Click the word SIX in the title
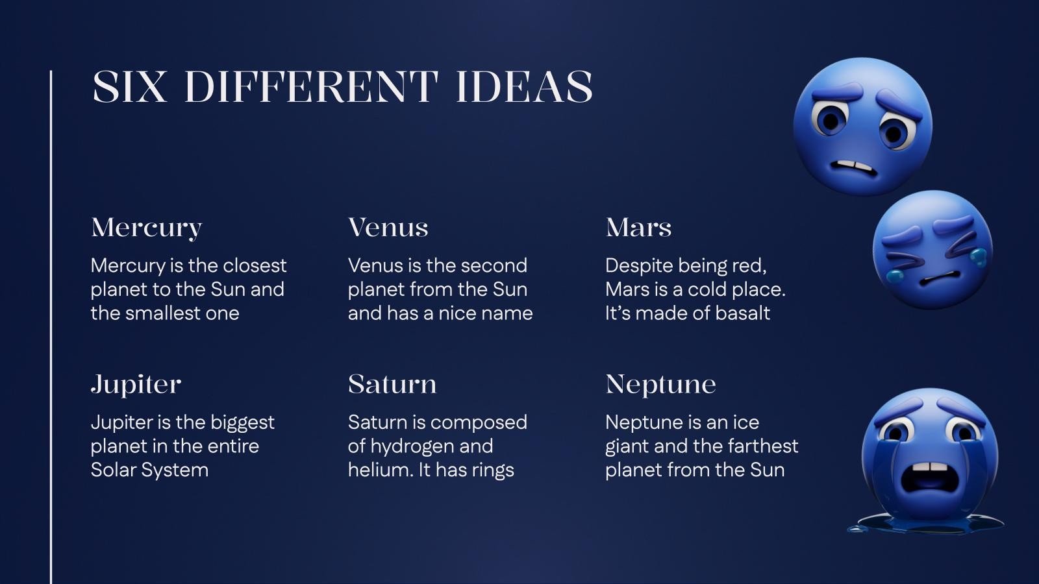129,87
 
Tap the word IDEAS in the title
524,87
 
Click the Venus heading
388,228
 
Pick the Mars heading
638,228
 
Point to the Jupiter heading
136,385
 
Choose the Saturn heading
392,384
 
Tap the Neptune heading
660,384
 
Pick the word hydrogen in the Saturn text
411,447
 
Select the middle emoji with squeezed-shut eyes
933,250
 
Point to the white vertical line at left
51,324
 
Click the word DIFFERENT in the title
311,87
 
